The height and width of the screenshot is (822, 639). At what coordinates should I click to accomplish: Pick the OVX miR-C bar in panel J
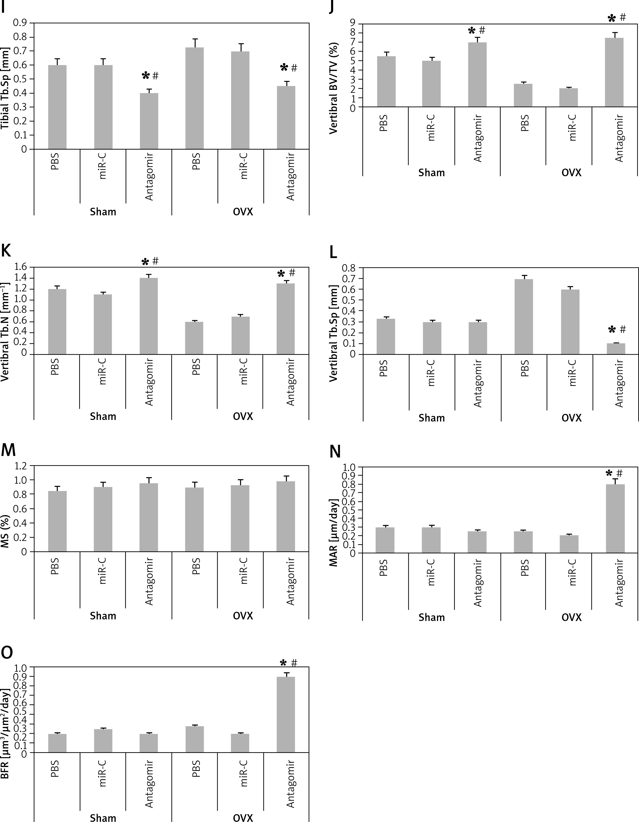coord(568,97)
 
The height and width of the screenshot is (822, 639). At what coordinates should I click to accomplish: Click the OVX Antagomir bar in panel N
coord(615,519)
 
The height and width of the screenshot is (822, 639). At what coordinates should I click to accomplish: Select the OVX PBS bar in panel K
coord(194,338)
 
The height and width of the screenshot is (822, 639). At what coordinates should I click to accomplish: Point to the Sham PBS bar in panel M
coord(57,521)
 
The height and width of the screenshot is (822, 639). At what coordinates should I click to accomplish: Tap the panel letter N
coord(335,451)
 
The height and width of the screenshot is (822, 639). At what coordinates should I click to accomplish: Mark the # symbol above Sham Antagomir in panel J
coord(482,30)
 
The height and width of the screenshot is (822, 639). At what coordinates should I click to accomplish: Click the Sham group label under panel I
coord(103,212)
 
